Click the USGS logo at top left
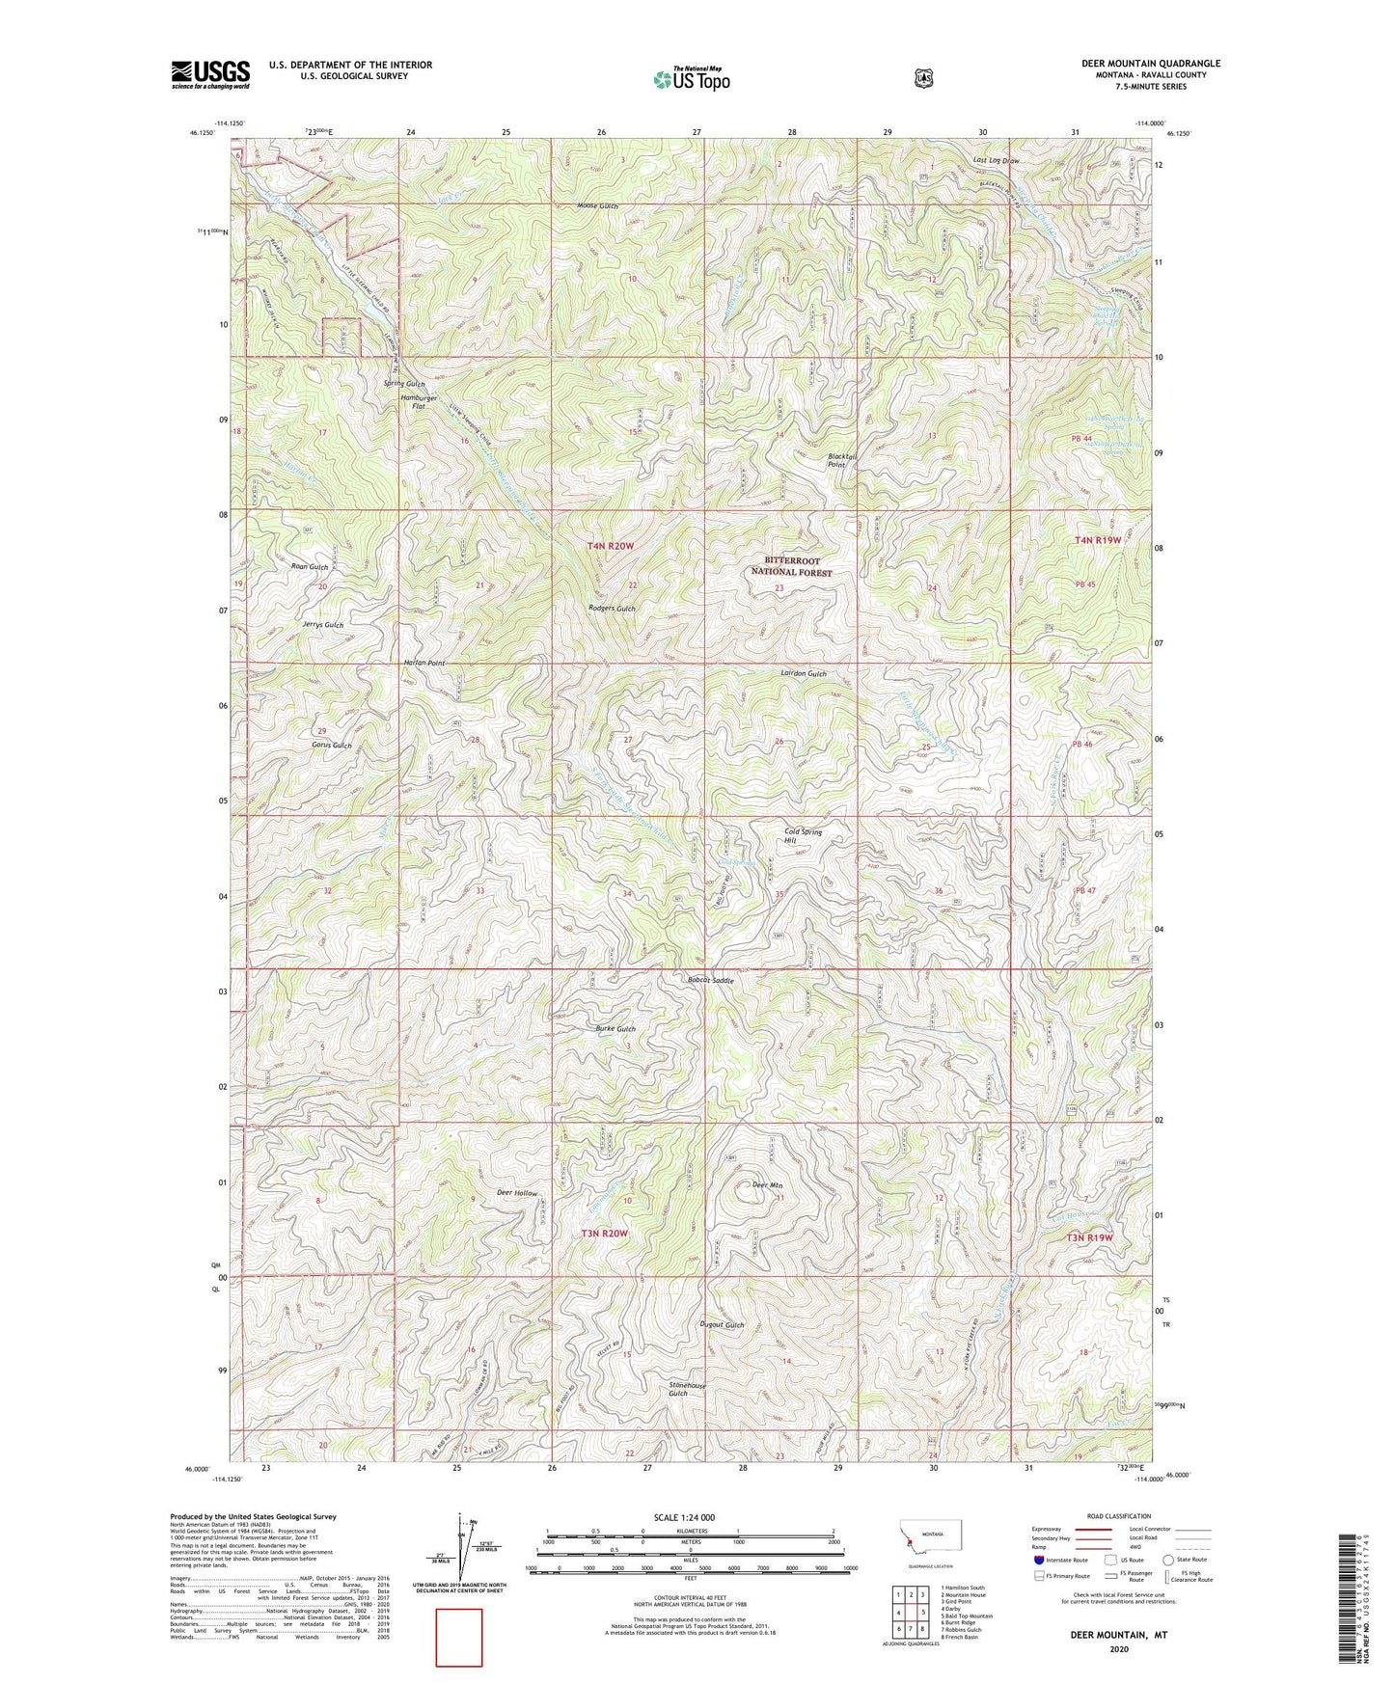(210, 74)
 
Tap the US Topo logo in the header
(690, 79)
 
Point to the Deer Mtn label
(767, 1186)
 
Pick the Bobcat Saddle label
(711, 980)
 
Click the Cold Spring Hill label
(802, 835)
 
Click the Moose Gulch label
(597, 205)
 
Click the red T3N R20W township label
(604, 1233)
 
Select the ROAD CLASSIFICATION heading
(1118, 1516)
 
